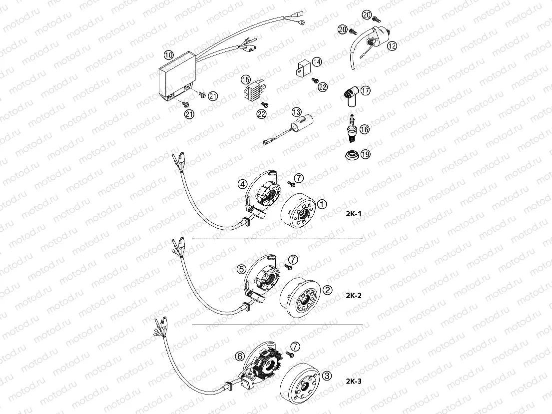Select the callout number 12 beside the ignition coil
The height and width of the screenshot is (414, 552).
point(392,46)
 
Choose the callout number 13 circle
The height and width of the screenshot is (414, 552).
point(297,113)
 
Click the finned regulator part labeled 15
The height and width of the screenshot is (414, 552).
point(253,90)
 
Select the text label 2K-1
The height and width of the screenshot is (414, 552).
point(353,214)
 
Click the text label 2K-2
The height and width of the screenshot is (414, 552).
point(353,295)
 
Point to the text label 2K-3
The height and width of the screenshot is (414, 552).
point(353,382)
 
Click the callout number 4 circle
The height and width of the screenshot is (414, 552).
point(242,184)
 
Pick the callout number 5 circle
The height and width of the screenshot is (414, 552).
point(241,269)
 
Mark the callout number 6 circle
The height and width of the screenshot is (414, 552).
point(240,356)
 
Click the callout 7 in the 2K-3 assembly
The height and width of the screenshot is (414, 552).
point(295,347)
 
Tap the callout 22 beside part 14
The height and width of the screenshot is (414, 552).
point(322,87)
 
